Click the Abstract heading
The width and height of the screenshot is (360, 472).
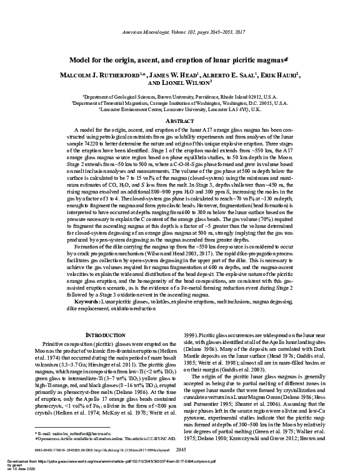(179, 120)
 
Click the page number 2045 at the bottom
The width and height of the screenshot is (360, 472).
(181, 449)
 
